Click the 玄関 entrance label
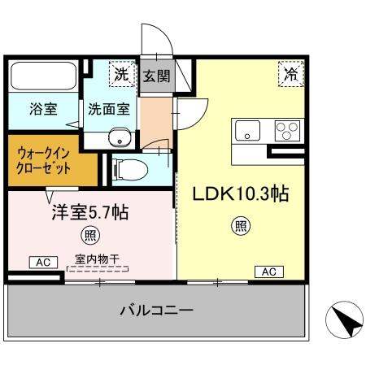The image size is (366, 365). click(156, 77)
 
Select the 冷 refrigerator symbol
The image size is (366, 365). click(290, 74)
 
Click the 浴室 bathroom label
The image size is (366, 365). click(42, 108)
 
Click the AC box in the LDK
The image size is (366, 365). click(268, 272)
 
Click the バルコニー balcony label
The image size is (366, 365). click(155, 311)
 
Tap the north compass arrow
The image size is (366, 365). click(346, 320)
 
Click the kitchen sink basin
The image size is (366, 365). click(247, 128)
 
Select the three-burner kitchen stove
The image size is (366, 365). click(286, 128)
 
